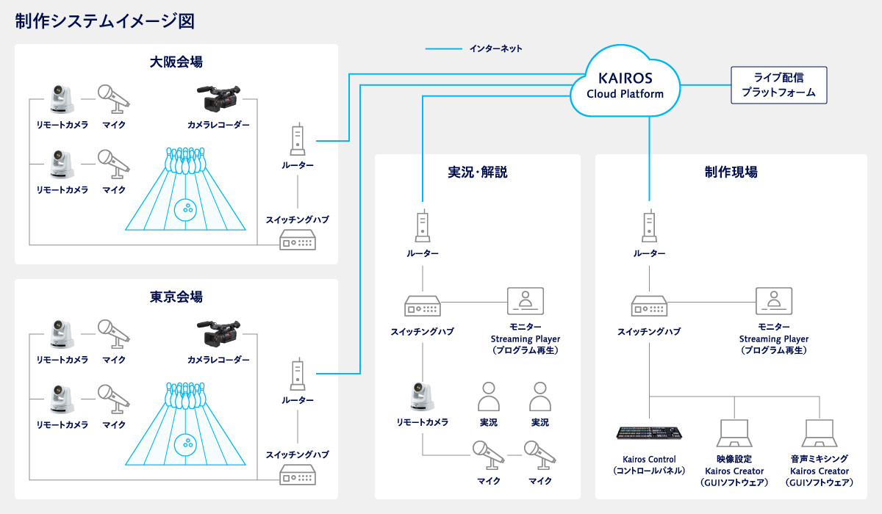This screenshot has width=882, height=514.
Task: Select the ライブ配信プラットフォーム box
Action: point(778,85)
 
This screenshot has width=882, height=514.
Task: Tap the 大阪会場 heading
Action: point(176,62)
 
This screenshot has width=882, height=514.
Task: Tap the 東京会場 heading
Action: point(176,297)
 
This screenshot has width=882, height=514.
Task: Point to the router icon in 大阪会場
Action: point(298,140)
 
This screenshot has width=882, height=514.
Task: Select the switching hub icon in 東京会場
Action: point(298,474)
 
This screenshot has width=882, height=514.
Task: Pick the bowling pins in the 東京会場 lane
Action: point(184,395)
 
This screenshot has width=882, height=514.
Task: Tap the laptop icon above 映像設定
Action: point(734,433)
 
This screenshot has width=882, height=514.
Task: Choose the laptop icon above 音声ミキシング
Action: point(820,433)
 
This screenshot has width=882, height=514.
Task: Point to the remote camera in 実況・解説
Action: point(423,397)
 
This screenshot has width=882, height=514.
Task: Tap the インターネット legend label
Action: point(495,49)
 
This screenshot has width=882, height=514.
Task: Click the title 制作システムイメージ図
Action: point(105,21)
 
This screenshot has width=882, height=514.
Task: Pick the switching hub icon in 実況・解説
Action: point(423,305)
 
